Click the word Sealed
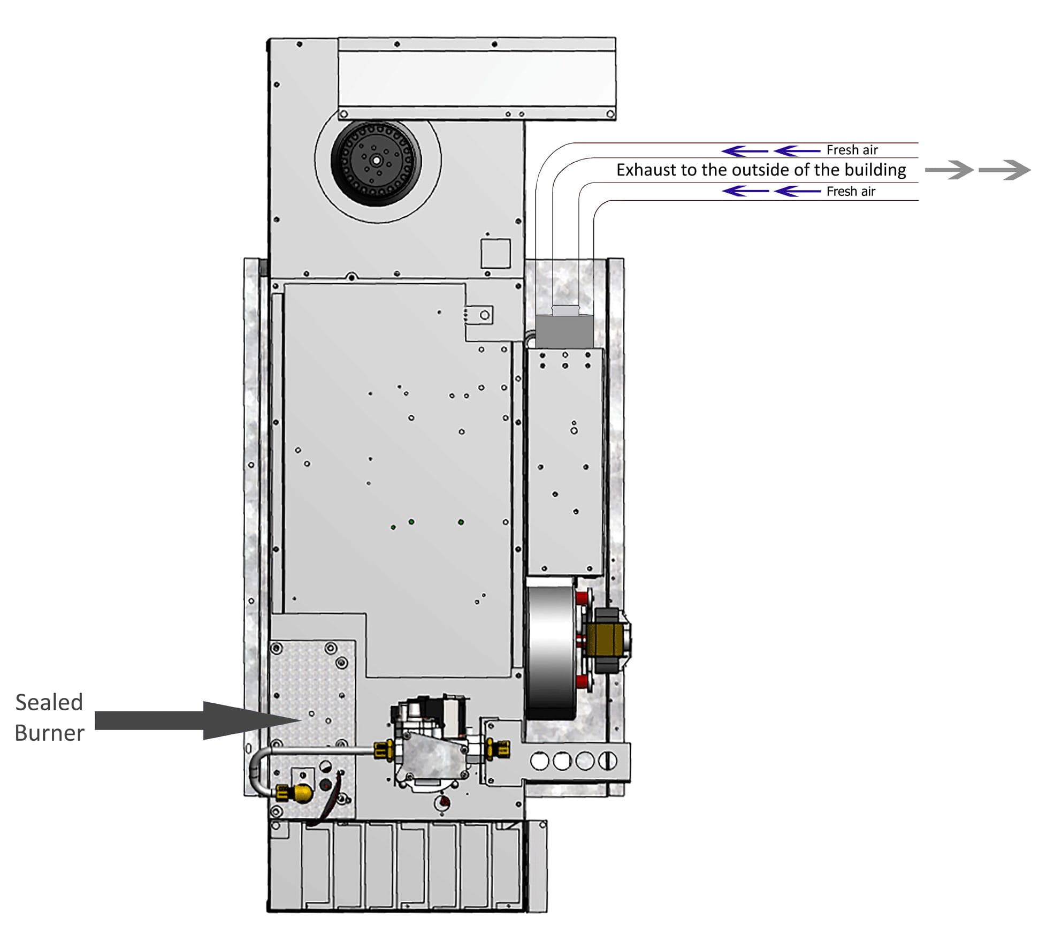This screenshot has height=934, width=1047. point(49,702)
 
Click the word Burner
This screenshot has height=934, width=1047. point(49,733)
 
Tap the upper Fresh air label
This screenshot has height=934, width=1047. point(852,150)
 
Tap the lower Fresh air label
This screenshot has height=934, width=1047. point(851,191)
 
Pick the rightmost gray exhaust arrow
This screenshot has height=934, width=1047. point(1004,170)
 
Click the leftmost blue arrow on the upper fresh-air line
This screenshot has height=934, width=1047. point(744,151)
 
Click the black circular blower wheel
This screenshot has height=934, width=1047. point(376,160)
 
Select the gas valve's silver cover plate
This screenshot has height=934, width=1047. point(431,756)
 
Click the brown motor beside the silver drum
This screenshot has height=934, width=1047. point(605,639)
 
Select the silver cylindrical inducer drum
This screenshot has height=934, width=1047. point(551,648)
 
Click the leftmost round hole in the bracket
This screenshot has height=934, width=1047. point(539,761)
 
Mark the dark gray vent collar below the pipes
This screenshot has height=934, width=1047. point(564,331)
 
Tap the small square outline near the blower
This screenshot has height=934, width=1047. point(495,254)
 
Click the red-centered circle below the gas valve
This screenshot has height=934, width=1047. point(444,802)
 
